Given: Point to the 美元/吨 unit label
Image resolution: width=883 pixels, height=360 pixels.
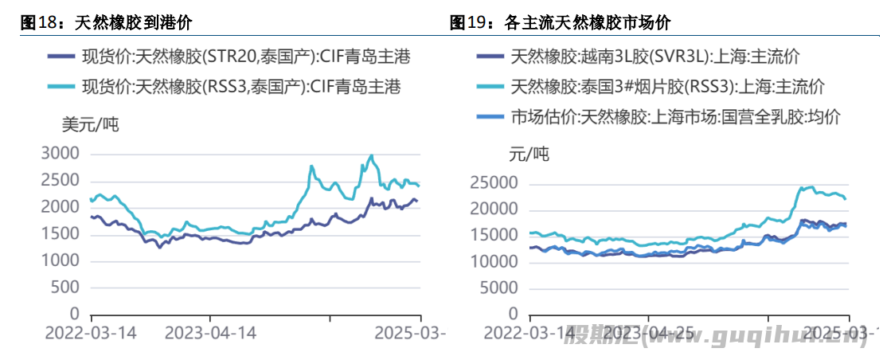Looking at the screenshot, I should point(90,124).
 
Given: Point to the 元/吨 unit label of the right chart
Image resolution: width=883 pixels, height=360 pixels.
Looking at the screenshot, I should point(529,154).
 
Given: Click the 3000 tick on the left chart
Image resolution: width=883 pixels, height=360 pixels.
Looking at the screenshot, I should point(61,154).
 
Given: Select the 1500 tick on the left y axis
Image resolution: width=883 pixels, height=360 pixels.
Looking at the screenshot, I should point(61,234).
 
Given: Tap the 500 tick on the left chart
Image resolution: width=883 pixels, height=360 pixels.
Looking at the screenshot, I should point(67,288).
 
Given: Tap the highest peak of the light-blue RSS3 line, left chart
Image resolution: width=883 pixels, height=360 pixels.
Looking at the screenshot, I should point(372,155).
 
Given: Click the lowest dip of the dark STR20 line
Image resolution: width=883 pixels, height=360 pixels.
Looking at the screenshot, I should point(159,247).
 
